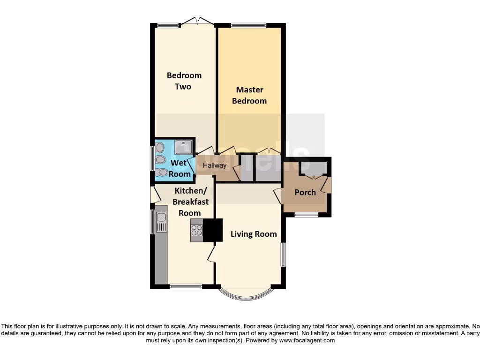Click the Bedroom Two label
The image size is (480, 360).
tap(184, 81)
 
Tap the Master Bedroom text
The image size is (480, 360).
tap(249, 95)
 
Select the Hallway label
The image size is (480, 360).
tap(214, 165)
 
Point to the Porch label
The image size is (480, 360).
tap(305, 192)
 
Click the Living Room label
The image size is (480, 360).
tap(254, 234)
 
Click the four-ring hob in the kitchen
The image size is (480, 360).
tap(196, 230)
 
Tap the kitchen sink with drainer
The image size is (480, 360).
tap(161, 221)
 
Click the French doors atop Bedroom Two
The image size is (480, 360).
tap(198, 21)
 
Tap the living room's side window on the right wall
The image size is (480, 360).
tap(283, 255)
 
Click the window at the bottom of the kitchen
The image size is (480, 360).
tap(186, 286)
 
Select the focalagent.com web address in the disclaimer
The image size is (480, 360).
tap(307, 340)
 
